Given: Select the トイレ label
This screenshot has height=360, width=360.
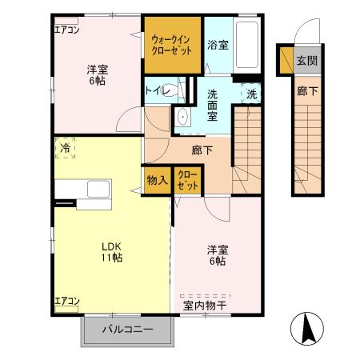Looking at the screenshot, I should tap(155, 91).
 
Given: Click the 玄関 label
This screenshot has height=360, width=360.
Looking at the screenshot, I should tap(306, 61).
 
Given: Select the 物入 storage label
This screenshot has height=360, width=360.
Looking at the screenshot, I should tap(157, 181).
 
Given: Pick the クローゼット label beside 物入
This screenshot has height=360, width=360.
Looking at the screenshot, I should tap(188, 181).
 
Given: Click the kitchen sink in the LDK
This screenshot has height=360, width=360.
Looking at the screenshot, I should tap(98, 190).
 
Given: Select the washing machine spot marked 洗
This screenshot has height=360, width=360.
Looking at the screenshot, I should tap(251, 93).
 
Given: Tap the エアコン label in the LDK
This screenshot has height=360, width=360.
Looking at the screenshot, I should tap(66, 301).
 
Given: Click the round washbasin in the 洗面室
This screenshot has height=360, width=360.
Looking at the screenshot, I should tap(182, 118).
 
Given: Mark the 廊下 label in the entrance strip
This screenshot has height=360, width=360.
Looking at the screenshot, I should tap(306, 91).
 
